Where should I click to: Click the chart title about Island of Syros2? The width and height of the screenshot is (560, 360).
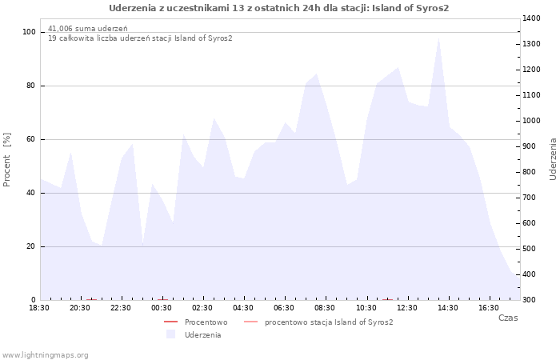pos(278,8)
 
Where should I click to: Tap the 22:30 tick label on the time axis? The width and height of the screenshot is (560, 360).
pos(121,308)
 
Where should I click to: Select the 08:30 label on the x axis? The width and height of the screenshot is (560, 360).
pos(325,308)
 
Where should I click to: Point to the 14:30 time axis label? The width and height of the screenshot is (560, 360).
pos(448,308)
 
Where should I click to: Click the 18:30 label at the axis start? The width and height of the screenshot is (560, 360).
pos(39,308)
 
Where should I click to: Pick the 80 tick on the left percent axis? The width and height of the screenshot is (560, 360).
pos(30,86)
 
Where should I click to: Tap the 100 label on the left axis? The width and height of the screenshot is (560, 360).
pos(29,32)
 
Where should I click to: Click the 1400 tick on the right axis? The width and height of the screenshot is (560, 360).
pos(531,18)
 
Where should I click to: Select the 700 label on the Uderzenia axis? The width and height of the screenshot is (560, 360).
pos(530,198)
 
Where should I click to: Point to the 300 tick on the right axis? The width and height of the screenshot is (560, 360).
pos(530,300)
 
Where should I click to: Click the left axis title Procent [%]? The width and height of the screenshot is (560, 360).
pos(6,160)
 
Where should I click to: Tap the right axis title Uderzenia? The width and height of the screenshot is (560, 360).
pos(553,159)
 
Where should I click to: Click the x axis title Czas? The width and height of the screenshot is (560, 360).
pos(508,318)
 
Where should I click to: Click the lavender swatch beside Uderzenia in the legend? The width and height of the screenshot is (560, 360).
pos(170,334)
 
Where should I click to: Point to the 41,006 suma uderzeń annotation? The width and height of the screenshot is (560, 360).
pos(88,29)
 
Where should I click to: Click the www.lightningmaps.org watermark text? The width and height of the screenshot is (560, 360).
pos(45,355)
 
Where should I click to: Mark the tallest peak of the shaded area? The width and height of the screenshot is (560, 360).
pos(438,38)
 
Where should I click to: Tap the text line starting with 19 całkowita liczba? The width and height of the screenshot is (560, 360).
pos(140,38)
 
